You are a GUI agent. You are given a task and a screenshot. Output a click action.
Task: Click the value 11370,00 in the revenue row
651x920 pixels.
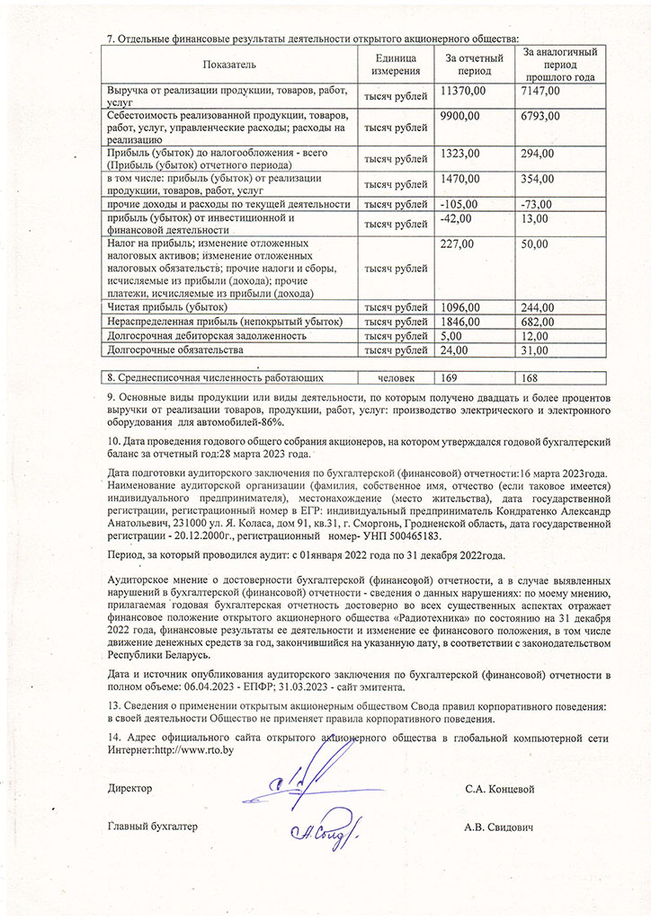point(464,91)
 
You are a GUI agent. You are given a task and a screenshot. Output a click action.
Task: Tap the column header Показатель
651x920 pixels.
point(230,65)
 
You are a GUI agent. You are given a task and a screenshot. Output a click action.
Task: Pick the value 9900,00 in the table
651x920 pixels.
point(460,116)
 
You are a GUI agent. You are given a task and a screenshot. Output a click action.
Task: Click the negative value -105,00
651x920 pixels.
point(459,204)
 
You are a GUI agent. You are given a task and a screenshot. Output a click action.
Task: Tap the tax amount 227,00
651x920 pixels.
point(458,243)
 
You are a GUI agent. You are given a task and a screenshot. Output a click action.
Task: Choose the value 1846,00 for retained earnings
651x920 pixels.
point(461,321)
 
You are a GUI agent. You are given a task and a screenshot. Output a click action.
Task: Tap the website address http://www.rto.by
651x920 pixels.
point(194,749)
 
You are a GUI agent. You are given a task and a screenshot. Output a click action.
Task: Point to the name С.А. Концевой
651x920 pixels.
point(500,789)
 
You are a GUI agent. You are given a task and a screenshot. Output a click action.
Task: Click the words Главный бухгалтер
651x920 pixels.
point(152,827)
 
